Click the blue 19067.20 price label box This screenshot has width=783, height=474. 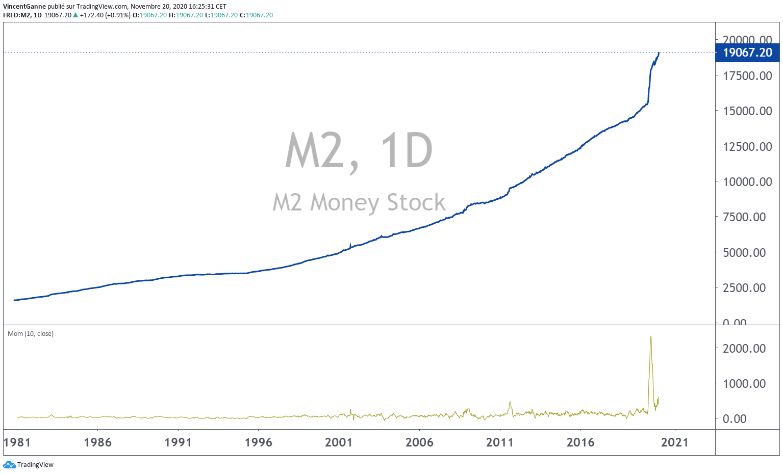coord(747,52)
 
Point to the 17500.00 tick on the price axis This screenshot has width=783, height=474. coord(747,76)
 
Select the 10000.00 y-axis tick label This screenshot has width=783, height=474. coord(747,182)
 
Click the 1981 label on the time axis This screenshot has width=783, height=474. coord(17,442)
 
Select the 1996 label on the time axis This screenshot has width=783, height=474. coord(258,442)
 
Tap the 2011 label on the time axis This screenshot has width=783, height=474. coord(499,442)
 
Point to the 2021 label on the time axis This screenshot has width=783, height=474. coord(675,442)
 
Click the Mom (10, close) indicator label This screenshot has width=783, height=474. coord(31,334)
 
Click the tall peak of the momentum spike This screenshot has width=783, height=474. coord(650,336)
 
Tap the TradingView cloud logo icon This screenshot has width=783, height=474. coord(9,464)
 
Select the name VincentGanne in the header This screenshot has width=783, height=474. coord(24,7)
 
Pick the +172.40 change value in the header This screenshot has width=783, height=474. coord(91,15)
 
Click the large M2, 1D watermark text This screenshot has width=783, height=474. coord(359,151)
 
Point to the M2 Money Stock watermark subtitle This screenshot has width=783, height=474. coord(359,202)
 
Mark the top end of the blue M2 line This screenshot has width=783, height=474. coord(659,52)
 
